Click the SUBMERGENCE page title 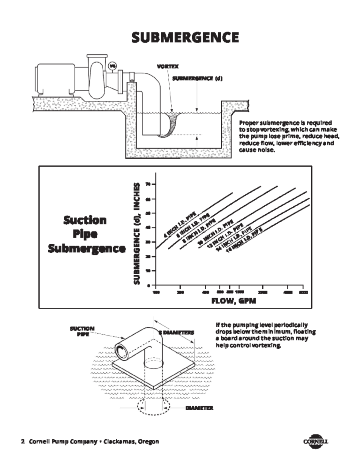click(x=185, y=37)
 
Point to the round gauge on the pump click(x=112, y=66)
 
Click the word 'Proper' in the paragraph click(x=248, y=122)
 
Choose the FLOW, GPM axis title click(x=233, y=301)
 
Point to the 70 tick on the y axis click(x=148, y=184)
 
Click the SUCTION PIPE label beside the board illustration click(x=82, y=331)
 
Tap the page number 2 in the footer click(x=22, y=442)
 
